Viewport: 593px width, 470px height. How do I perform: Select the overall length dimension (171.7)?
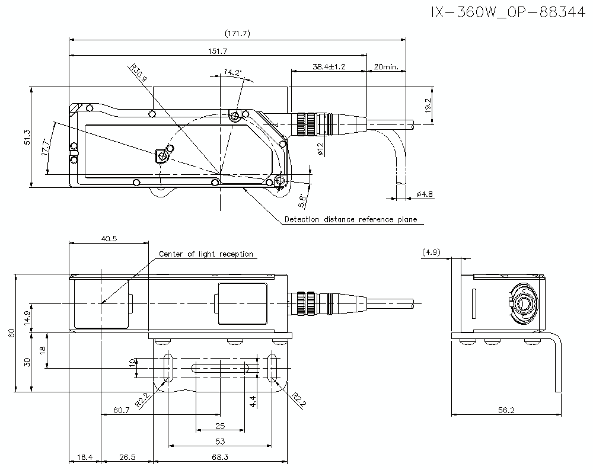pos(238,34)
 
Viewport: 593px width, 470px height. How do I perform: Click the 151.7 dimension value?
pos(218,50)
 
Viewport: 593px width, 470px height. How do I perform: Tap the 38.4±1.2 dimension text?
pos(329,66)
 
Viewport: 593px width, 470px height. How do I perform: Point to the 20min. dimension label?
pos(386,66)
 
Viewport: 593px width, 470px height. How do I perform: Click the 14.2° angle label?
pos(232,72)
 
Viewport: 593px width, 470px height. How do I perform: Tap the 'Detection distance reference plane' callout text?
pos(350,219)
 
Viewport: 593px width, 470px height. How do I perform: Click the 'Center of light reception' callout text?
pos(205,254)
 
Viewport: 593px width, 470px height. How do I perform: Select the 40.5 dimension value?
pos(109,238)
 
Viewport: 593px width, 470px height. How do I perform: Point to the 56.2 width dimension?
pos(506,410)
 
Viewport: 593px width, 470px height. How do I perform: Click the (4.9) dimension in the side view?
pos(431,252)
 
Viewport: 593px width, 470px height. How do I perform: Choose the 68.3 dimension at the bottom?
pos(220,457)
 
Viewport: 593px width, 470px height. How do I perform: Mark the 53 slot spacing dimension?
pos(220,440)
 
